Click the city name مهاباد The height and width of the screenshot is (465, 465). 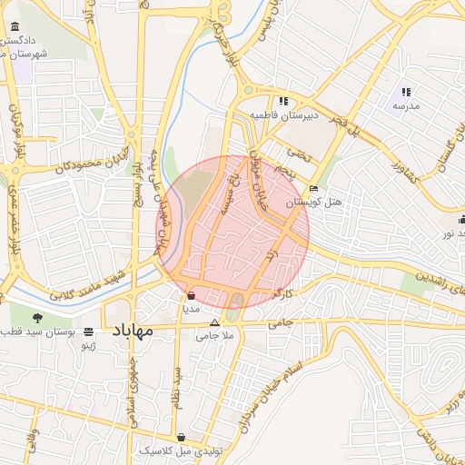pyautogui.click(x=133, y=332)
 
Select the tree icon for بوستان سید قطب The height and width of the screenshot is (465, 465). pyautogui.click(x=37, y=317)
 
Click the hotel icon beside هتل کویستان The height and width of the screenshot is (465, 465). pyautogui.click(x=313, y=189)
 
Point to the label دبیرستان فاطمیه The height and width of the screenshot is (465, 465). pyautogui.click(x=285, y=116)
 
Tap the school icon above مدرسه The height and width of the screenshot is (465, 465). pyautogui.click(x=406, y=92)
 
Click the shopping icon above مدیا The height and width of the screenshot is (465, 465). pyautogui.click(x=191, y=295)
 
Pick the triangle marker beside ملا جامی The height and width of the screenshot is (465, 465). pyautogui.click(x=214, y=322)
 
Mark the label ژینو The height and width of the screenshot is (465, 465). pyautogui.click(x=89, y=346)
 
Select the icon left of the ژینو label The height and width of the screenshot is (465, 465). pyautogui.click(x=88, y=331)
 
